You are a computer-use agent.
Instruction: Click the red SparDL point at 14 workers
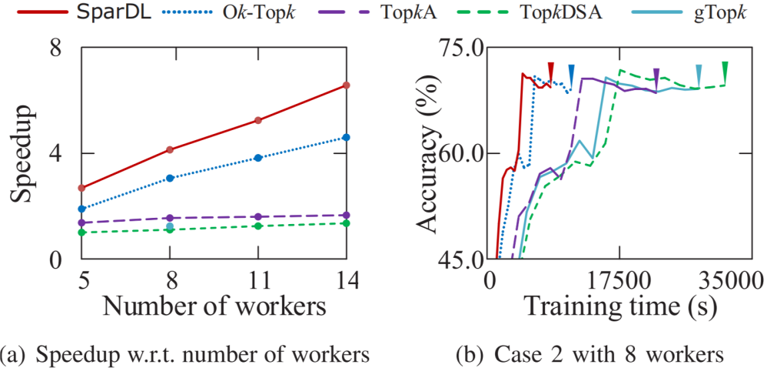347,85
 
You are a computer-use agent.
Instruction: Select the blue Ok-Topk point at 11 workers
258,158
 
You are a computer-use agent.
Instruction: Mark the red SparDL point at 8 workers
170,149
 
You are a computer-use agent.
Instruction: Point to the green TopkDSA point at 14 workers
347,223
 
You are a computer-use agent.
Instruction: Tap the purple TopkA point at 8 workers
170,218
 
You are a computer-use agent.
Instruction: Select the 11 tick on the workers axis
258,279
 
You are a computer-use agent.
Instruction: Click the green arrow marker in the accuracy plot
725,71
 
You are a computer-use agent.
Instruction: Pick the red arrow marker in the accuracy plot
550,71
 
